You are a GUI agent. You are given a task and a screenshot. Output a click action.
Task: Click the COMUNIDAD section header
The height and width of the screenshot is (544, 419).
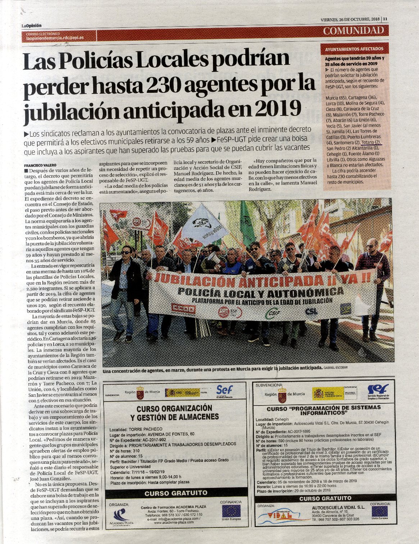tap(354, 31)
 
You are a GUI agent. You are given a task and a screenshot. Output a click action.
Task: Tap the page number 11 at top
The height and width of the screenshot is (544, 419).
tap(385, 19)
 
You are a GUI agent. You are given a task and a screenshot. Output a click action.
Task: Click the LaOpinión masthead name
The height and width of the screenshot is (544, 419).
tap(31, 26)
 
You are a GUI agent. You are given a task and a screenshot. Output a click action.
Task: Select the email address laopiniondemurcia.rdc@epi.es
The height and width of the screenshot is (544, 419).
tap(55, 37)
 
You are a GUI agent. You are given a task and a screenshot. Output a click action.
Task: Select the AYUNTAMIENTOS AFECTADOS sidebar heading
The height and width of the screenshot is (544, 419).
tap(354, 49)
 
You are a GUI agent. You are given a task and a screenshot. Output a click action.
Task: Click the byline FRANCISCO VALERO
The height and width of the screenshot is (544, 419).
tap(40, 165)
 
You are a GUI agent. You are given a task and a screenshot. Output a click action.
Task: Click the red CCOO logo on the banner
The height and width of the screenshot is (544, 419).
tap(183, 309)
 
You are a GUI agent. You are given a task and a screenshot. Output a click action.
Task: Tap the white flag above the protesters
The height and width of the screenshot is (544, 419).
tap(205, 224)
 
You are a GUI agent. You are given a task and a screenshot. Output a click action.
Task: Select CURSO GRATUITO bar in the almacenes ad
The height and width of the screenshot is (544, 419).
tap(176, 493)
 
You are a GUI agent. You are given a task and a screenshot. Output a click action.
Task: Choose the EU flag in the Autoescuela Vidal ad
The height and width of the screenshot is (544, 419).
tap(379, 511)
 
